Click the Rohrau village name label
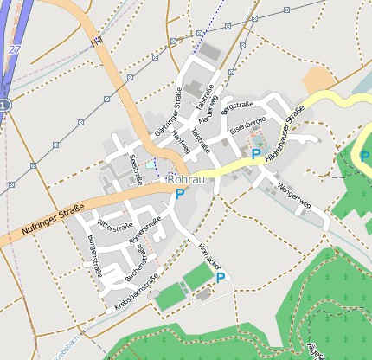click(x=188, y=179)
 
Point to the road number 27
click(x=14, y=49)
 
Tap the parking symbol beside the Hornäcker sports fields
click(x=221, y=278)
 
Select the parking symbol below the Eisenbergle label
click(x=256, y=153)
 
